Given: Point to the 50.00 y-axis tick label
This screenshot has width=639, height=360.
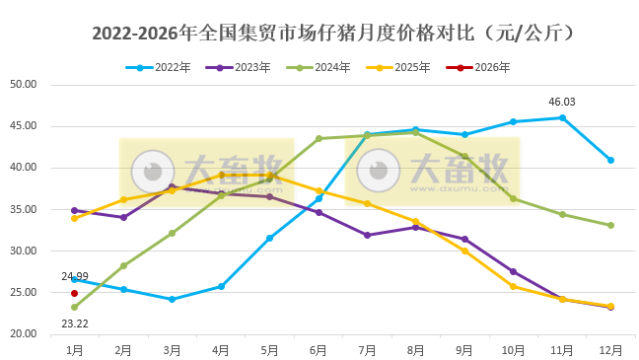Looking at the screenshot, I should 23,85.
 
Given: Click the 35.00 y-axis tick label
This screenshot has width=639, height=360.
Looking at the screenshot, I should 23,210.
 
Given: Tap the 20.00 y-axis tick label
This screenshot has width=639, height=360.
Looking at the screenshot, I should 23,335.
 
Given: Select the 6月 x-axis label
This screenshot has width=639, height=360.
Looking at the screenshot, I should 319,349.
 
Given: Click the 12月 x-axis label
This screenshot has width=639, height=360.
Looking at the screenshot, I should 610,349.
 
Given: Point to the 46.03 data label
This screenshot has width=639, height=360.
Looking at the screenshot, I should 562,102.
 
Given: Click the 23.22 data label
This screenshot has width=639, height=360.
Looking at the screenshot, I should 74,323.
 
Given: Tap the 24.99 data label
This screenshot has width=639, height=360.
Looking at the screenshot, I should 74,277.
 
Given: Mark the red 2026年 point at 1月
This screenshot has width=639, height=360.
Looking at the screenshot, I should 74,293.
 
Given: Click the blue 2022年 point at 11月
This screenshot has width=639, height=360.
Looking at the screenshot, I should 562,117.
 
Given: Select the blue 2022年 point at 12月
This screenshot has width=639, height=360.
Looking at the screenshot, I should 610,160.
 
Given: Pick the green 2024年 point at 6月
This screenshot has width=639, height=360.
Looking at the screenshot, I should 319,138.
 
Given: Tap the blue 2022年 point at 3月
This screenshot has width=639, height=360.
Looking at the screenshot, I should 172,299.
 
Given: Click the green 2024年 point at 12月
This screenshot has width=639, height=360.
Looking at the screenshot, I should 610,225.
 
